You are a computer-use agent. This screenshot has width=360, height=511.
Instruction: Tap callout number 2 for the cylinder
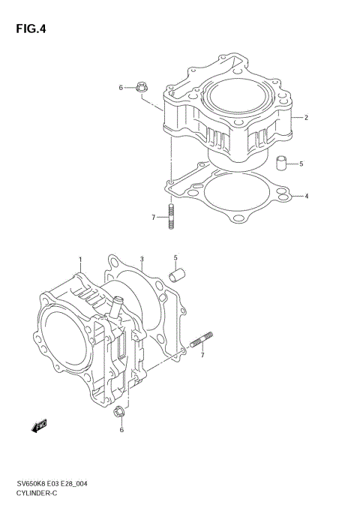[307, 118]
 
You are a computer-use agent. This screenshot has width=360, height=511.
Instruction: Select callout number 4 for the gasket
[307, 197]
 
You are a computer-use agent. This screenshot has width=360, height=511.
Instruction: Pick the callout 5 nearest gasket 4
[301, 163]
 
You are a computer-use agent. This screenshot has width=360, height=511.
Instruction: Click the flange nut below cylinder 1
[118, 412]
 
